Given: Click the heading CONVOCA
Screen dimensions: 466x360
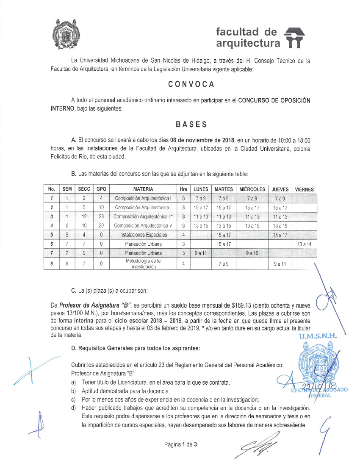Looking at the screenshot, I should coord(191,84).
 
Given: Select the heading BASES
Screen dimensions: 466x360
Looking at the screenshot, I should coord(191,125).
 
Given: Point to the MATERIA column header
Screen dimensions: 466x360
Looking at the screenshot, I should coord(143,189).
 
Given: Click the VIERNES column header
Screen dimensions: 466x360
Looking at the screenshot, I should coord(304,189).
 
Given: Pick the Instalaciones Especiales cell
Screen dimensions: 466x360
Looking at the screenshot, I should coord(143,235).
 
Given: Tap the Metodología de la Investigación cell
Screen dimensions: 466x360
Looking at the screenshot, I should coord(143,264).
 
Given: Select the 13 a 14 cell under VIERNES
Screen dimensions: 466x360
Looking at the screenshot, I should coord(304,244).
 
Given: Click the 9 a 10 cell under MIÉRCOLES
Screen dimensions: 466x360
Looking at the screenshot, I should coord(252,253).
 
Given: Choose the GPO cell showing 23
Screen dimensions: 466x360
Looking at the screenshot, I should coord(101,216).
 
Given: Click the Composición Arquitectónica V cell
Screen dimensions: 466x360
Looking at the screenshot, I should coord(143,226).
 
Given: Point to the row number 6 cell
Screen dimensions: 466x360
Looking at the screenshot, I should coord(51,244).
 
